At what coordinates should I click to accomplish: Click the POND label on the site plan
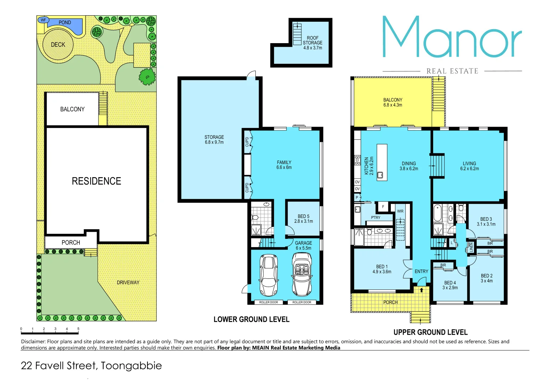pyautogui.click(x=64, y=22)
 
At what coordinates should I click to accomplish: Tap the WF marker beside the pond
pyautogui.click(x=43, y=20)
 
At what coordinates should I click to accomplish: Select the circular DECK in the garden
pyautogui.click(x=58, y=45)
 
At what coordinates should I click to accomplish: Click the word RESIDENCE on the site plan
pyautogui.click(x=96, y=181)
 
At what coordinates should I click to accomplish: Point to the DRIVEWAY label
pyautogui.click(x=128, y=282)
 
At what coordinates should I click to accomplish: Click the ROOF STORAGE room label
pyautogui.click(x=312, y=43)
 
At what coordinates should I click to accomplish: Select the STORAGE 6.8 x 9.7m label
pyautogui.click(x=214, y=139)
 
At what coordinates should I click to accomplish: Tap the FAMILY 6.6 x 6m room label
pyautogui.click(x=284, y=165)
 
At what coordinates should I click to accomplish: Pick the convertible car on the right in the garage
pyautogui.click(x=302, y=274)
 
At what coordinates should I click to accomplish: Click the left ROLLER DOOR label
pyautogui.click(x=269, y=302)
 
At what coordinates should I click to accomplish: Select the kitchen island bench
pyautogui.click(x=382, y=162)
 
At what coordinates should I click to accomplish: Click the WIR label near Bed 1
pyautogui.click(x=400, y=211)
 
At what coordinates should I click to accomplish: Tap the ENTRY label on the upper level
pyautogui.click(x=421, y=271)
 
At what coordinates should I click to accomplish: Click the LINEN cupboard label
pyautogui.click(x=471, y=247)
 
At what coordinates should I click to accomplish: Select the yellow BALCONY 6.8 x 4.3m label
pyautogui.click(x=393, y=102)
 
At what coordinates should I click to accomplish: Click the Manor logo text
pyautogui.click(x=452, y=37)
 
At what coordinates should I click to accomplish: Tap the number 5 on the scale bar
pyautogui.click(x=78, y=329)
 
